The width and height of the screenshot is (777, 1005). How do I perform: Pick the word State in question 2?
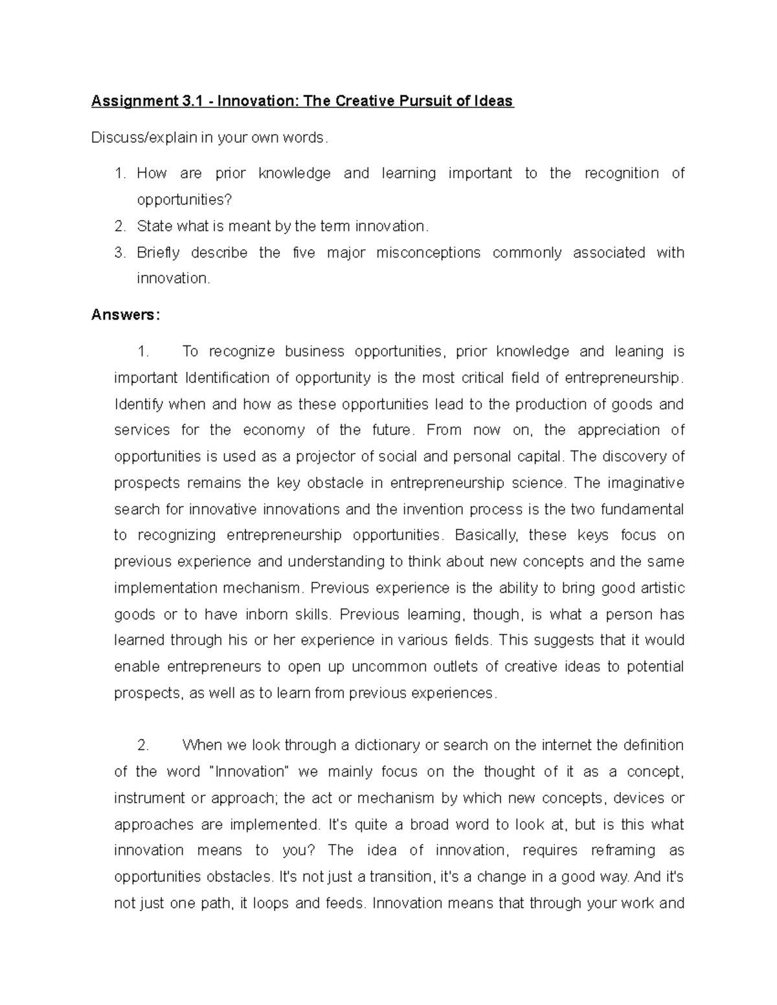154,226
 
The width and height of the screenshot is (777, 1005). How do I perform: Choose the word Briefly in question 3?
158,252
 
